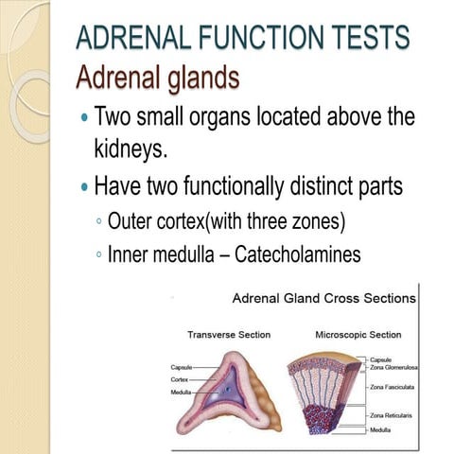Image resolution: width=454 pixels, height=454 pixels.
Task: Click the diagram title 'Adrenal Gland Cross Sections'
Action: [x=323, y=298]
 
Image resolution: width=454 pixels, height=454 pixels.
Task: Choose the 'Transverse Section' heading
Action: [x=229, y=335]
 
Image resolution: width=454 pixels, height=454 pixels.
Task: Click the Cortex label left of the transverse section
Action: [x=181, y=378]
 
